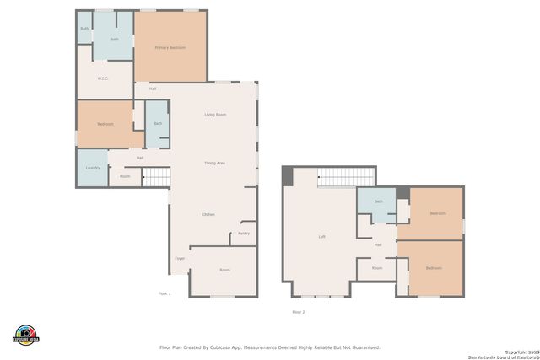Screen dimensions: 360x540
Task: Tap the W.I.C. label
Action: pos(103,78)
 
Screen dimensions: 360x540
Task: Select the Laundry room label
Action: pos(93,168)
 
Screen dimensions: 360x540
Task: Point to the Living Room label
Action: pos(215,115)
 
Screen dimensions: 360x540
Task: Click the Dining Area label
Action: pos(214,163)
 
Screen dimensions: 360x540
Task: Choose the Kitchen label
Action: pos(208,215)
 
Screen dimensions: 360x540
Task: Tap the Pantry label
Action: pos(243,234)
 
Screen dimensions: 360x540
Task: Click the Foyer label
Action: pos(180,258)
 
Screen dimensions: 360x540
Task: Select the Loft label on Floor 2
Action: pos(321,237)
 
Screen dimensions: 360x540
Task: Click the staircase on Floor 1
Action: pos(156,176)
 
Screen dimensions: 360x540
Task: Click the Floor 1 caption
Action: pos(165,293)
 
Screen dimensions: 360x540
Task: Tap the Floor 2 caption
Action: pos(298,312)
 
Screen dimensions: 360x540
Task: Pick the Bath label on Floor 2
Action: pos(378,201)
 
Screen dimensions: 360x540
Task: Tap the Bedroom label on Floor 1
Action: pos(105,124)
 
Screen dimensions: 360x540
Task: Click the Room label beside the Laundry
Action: pos(125,176)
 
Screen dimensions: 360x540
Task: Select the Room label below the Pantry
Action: pos(224,270)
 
